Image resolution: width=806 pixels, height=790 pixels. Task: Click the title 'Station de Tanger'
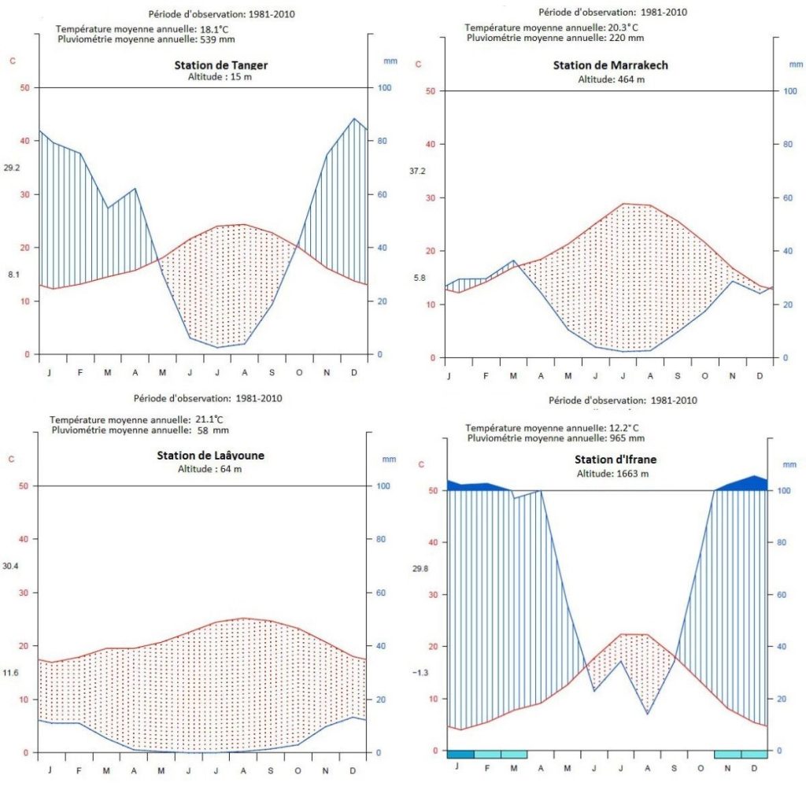pyautogui.click(x=221, y=65)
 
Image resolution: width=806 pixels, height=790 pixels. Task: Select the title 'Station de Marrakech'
pyautogui.click(x=611, y=65)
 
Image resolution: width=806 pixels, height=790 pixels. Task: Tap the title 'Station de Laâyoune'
pyautogui.click(x=210, y=456)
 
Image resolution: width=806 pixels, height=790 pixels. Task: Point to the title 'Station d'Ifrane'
pyautogui.click(x=616, y=460)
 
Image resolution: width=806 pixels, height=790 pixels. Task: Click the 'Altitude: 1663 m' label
pyautogui.click(x=612, y=474)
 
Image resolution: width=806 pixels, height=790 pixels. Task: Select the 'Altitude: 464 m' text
pyautogui.click(x=611, y=79)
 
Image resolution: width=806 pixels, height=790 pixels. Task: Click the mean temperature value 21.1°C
pyautogui.click(x=209, y=419)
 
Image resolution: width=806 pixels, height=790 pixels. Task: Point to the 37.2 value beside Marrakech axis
pyautogui.click(x=417, y=172)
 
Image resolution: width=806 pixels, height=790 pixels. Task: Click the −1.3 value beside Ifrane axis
pyautogui.click(x=420, y=672)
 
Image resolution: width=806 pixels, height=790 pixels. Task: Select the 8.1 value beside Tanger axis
pyautogui.click(x=13, y=275)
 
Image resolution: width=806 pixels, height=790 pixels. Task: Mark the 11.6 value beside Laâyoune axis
pyautogui.click(x=10, y=672)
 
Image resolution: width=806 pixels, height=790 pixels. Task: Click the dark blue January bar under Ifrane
pyautogui.click(x=460, y=754)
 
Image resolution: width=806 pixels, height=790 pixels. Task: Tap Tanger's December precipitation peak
pyautogui.click(x=354, y=119)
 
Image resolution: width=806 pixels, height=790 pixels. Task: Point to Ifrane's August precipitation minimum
pyautogui.click(x=648, y=714)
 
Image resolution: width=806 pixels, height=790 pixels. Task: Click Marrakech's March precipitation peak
pyautogui.click(x=513, y=260)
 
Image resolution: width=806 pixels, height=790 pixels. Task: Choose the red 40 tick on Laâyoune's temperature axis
pyautogui.click(x=24, y=539)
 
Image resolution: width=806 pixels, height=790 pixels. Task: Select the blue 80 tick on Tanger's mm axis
pyautogui.click(x=382, y=141)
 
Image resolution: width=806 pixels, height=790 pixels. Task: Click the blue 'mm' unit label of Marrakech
pyautogui.click(x=796, y=65)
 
